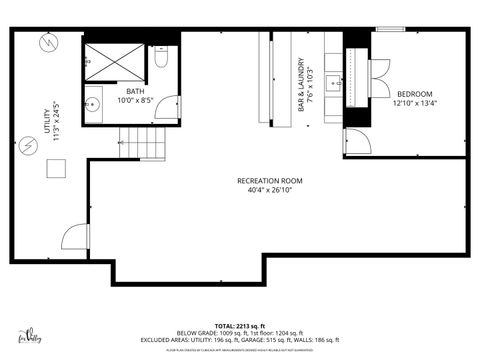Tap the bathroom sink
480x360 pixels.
pyautogui.click(x=94, y=103)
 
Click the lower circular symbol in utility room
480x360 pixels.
pyautogui.click(x=30, y=145)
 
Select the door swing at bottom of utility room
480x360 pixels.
pyautogui.click(x=76, y=237)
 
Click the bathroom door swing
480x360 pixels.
pyautogui.click(x=171, y=106)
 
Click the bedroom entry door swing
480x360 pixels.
pyautogui.click(x=355, y=141)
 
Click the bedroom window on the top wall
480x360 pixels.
pyautogui.click(x=389, y=29)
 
